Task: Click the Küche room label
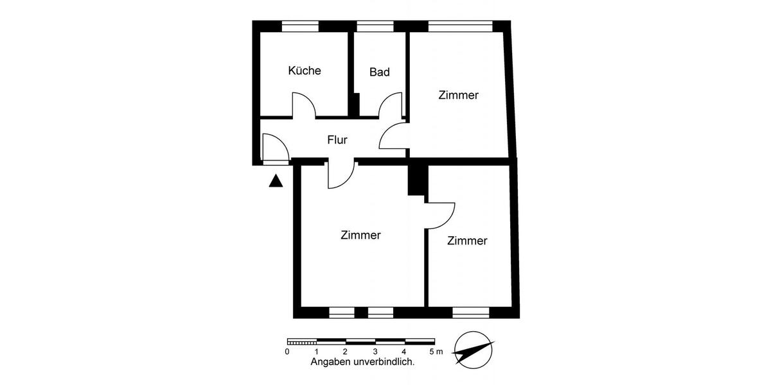click(305, 71)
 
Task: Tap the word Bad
click(379, 72)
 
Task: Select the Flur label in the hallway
click(337, 139)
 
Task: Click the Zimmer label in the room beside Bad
click(458, 95)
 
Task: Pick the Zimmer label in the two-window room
click(360, 235)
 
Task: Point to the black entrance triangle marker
click(276, 181)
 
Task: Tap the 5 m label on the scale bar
click(436, 352)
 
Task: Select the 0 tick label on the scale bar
click(287, 352)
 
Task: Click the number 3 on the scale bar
click(375, 352)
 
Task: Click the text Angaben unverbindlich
click(362, 362)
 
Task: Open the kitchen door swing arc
click(304, 105)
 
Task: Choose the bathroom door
click(391, 106)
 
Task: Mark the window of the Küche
click(300, 26)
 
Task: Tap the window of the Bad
click(375, 26)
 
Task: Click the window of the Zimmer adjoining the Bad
click(460, 26)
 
